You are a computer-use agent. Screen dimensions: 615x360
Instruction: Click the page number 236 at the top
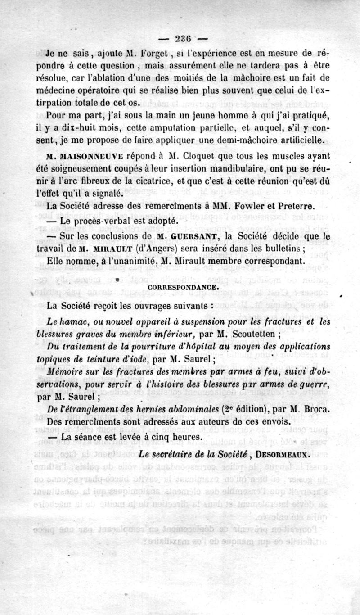[180, 38]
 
